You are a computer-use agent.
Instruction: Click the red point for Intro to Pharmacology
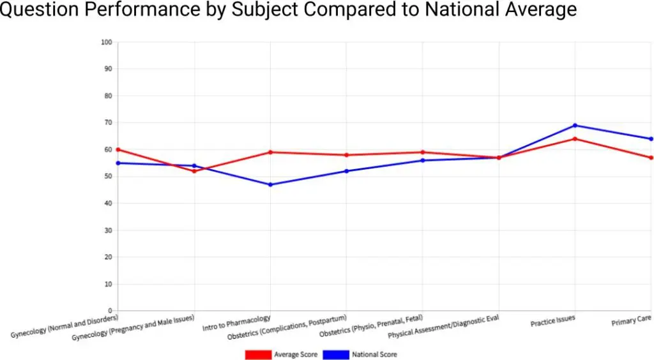270,152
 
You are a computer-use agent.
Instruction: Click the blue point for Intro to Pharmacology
270,184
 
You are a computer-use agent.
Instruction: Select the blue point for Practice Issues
575,125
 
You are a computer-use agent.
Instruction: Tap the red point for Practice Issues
575,139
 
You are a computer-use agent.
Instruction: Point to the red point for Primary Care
651,158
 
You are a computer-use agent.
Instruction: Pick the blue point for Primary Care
651,139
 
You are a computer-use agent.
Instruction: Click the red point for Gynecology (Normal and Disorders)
118,149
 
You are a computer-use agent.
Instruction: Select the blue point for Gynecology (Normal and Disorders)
118,163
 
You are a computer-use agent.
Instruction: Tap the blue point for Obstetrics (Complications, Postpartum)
346,171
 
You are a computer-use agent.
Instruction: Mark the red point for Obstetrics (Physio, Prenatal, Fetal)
422,152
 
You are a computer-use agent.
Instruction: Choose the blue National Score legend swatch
336,354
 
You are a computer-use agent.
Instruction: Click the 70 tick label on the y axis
107,123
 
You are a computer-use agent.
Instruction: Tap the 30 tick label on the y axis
107,230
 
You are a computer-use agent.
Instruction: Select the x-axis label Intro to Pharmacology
236,322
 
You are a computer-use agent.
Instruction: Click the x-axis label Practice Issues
552,322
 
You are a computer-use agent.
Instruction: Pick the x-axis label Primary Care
631,322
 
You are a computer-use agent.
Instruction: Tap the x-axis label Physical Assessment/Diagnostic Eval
443,326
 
